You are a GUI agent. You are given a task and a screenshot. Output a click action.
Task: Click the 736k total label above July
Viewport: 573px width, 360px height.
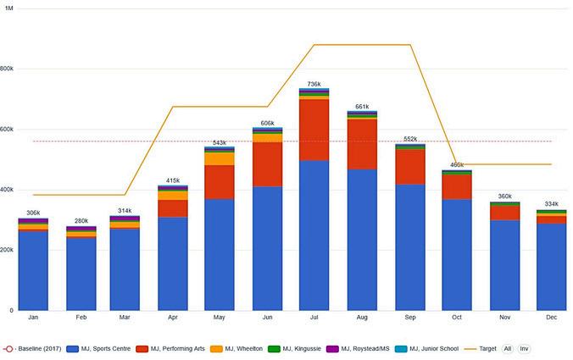coord(314,84)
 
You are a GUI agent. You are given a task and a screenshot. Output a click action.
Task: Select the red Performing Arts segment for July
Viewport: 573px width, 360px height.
coord(314,130)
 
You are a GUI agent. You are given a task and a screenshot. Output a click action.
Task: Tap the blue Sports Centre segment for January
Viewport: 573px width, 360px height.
coord(33,271)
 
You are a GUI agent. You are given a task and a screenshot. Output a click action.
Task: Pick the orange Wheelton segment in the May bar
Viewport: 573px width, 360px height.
coord(220,159)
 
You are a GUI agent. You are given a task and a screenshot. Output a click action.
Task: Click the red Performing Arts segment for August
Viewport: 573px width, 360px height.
coord(362,144)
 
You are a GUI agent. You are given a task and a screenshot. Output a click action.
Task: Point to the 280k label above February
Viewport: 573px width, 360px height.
coord(81,221)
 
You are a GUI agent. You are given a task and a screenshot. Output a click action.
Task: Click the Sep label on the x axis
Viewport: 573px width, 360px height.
coord(410,318)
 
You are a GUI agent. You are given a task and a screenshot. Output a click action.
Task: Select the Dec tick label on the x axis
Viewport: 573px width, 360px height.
coord(552,318)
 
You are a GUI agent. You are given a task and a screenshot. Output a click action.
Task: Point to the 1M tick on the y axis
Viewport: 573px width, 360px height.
coord(8,8)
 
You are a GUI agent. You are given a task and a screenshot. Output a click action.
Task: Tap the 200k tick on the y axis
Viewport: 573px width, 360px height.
coord(7,250)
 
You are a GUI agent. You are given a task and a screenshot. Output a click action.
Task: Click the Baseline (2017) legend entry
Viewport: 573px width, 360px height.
coord(32,349)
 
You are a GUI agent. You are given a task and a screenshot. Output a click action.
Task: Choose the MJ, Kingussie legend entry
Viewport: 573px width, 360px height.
coord(294,349)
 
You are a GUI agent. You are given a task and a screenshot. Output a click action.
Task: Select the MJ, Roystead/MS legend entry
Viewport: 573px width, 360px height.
coord(358,349)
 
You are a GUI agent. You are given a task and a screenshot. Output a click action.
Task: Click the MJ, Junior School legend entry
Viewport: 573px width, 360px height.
coord(427,349)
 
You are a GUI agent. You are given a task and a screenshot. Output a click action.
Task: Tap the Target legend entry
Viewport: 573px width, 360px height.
coord(480,349)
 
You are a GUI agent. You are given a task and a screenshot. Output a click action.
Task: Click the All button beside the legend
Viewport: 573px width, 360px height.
coord(508,349)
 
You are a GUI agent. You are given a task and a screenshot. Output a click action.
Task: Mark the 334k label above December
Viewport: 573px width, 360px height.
coord(552,204)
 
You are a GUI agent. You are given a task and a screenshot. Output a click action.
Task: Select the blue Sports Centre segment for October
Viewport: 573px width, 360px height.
coord(457,255)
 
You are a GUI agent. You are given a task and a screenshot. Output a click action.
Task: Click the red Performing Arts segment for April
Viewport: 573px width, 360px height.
coord(173,208)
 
